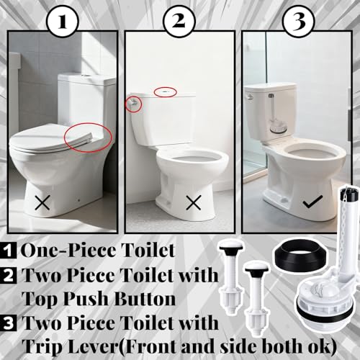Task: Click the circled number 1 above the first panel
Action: pos(63,22)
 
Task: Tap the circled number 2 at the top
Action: pos(179,22)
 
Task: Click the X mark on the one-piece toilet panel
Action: pos(42,202)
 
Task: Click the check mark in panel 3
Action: pos(312,202)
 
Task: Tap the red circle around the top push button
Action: pos(166,92)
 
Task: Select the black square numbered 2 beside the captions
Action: pos(9,276)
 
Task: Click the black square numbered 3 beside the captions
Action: pos(9,323)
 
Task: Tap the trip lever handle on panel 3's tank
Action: pos(250,97)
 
